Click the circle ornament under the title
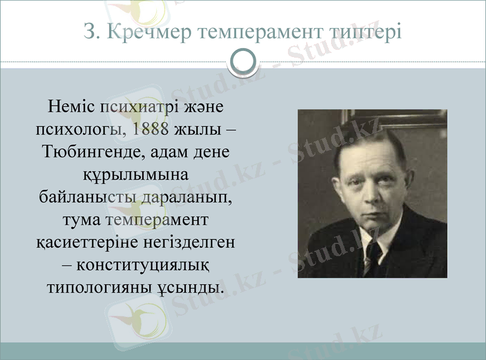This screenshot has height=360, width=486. click(x=243, y=61)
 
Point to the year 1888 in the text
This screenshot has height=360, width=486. click(x=150, y=129)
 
